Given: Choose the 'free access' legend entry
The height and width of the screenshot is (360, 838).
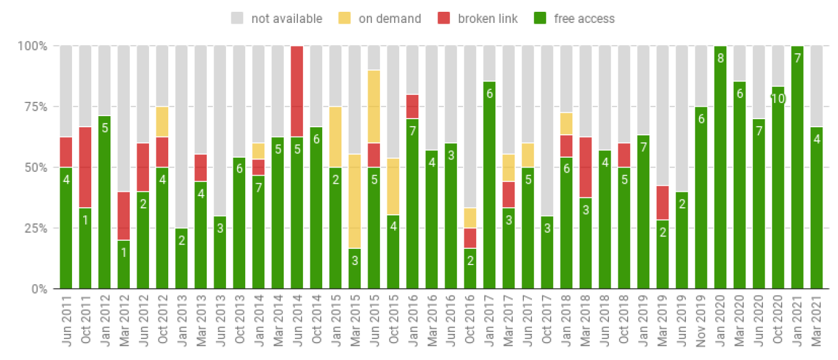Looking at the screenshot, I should [x=575, y=19].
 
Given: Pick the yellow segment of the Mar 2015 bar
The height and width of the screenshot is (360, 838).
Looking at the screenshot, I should [x=355, y=201].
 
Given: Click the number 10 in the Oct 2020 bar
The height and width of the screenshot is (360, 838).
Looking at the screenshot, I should [x=778, y=99].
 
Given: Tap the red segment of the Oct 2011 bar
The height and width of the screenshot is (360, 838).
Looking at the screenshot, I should [x=85, y=167].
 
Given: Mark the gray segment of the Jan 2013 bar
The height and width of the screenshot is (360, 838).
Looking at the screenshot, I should [x=181, y=137].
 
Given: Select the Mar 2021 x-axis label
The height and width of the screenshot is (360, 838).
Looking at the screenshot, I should [x=818, y=323].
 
